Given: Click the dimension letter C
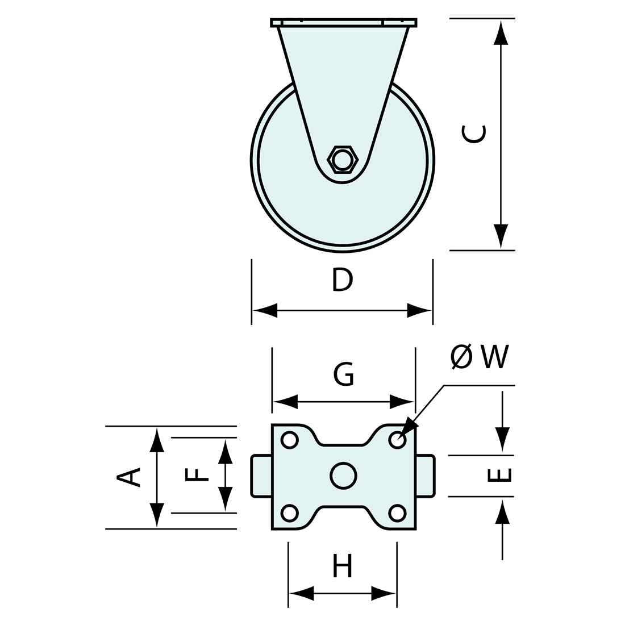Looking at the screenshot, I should click(x=474, y=134).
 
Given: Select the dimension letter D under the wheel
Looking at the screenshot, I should click(x=342, y=280).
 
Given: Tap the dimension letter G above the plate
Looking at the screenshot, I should click(x=344, y=374).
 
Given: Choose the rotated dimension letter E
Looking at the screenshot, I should click(x=499, y=475).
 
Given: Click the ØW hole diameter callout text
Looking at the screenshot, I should click(x=481, y=357).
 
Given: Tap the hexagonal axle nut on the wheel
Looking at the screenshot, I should click(x=343, y=160).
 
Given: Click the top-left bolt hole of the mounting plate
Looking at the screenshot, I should click(x=290, y=440).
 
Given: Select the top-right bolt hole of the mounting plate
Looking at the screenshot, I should click(x=397, y=440).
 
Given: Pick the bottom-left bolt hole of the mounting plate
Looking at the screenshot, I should click(x=290, y=513).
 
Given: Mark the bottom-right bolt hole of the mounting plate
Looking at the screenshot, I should click(x=397, y=513).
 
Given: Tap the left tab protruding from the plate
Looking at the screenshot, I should click(x=262, y=476).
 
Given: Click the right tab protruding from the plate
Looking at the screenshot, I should click(x=425, y=476).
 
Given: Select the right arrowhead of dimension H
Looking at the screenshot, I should click(x=384, y=594).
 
